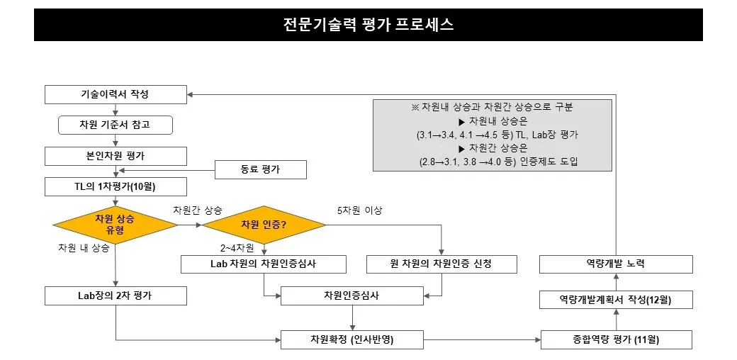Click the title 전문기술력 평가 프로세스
click(368, 25)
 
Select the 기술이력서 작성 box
click(116, 94)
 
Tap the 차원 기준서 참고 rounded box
click(116, 125)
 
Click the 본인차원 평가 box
click(116, 156)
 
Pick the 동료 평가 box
click(261, 170)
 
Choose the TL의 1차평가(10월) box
click(116, 187)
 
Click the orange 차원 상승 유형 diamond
click(116, 225)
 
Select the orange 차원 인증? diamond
click(264, 225)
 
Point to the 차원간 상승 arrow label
click(198, 210)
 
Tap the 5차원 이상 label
click(359, 210)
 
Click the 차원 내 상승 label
click(84, 248)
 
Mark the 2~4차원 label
click(237, 248)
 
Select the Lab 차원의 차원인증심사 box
click(264, 264)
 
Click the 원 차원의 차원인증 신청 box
click(441, 264)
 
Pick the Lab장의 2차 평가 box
click(116, 296)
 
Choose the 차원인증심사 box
click(351, 296)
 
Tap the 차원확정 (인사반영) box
click(351, 339)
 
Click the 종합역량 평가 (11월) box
click(616, 339)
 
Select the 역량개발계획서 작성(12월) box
click(616, 300)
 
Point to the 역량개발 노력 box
click(616, 264)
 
